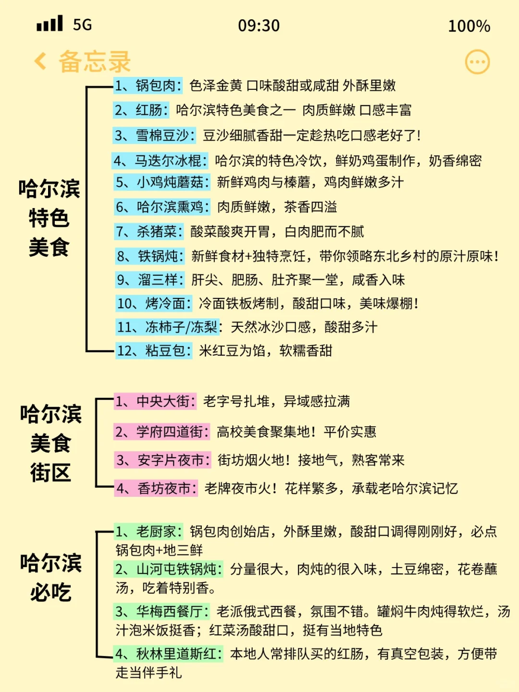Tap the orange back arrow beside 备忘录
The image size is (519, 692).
[x=41, y=62]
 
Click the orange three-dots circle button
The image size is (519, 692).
[x=477, y=62]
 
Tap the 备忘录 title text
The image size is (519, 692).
[x=95, y=62]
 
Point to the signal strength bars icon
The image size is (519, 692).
[x=49, y=24]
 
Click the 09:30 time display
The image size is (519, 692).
[x=259, y=25]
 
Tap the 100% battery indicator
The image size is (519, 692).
[x=469, y=26]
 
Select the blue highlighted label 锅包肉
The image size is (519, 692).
[x=148, y=86]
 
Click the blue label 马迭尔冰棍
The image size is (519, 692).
[x=161, y=161]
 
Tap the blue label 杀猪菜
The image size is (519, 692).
[x=149, y=232]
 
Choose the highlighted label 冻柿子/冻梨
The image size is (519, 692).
[x=168, y=327]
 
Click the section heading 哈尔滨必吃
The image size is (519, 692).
[x=50, y=577]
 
